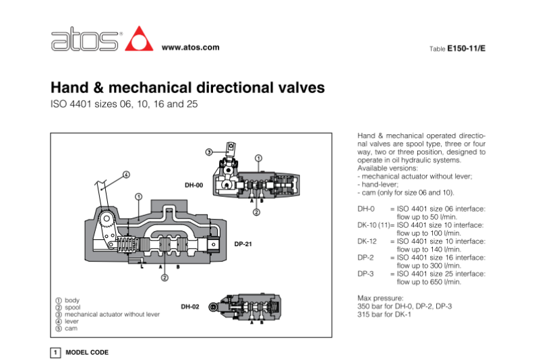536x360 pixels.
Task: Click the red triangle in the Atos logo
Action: pyautogui.click(x=140, y=38)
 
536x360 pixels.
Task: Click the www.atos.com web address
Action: pyautogui.click(x=191, y=47)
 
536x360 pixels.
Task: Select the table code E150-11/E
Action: pyautogui.click(x=467, y=49)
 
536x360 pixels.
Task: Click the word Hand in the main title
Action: pyautogui.click(x=70, y=88)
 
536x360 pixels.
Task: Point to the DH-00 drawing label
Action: pyautogui.click(x=194, y=184)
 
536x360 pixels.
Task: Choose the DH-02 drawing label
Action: pyautogui.click(x=190, y=307)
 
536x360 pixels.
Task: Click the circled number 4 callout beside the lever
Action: pyautogui.click(x=126, y=174)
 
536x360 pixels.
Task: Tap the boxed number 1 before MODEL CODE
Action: pyautogui.click(x=56, y=353)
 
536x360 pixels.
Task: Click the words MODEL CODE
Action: pyautogui.click(x=86, y=353)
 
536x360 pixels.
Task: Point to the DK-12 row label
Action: pyautogui.click(x=367, y=241)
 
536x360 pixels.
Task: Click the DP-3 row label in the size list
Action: pyautogui.click(x=365, y=274)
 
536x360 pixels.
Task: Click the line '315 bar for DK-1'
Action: pyautogui.click(x=385, y=314)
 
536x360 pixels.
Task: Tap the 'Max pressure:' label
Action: pyautogui.click(x=380, y=298)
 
